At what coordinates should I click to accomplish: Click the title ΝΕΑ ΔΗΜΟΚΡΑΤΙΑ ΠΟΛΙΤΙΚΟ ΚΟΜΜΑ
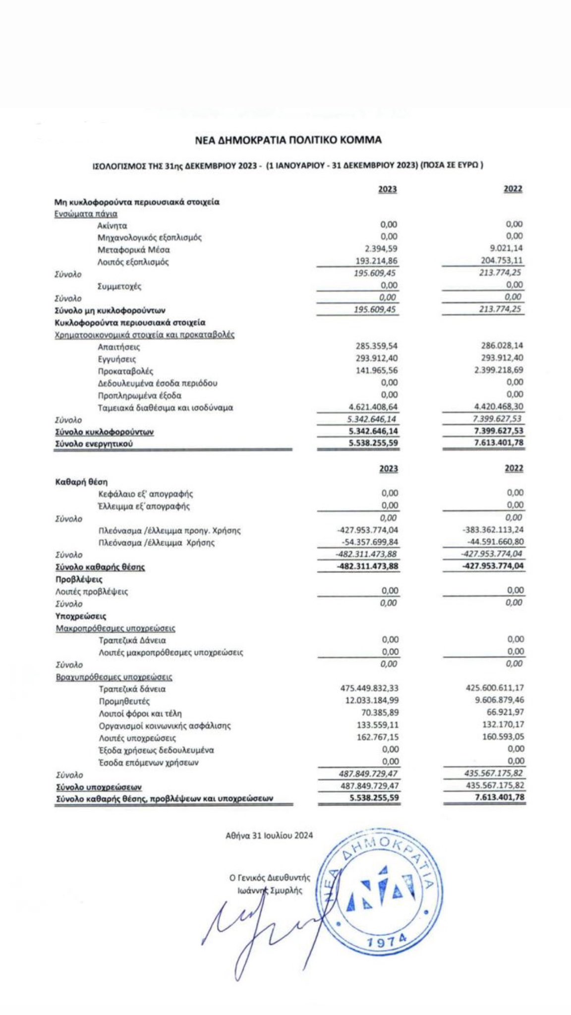(288, 140)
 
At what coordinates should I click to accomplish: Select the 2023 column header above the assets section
(388, 189)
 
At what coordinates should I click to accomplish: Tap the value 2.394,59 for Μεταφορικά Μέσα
(382, 249)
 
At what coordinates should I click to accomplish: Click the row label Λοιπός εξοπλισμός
(133, 262)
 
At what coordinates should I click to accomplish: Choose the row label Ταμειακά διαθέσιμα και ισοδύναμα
(165, 408)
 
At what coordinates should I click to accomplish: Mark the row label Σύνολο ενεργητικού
(94, 444)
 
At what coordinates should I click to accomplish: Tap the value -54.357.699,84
(370, 542)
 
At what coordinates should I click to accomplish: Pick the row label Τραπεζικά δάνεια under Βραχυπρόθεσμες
(132, 689)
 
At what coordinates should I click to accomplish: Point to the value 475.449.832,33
(369, 688)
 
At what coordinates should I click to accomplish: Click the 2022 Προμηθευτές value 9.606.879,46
(496, 700)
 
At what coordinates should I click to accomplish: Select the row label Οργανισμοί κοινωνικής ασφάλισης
(165, 726)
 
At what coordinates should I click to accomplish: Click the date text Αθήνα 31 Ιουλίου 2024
(269, 836)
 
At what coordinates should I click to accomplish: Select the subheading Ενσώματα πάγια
(86, 214)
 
